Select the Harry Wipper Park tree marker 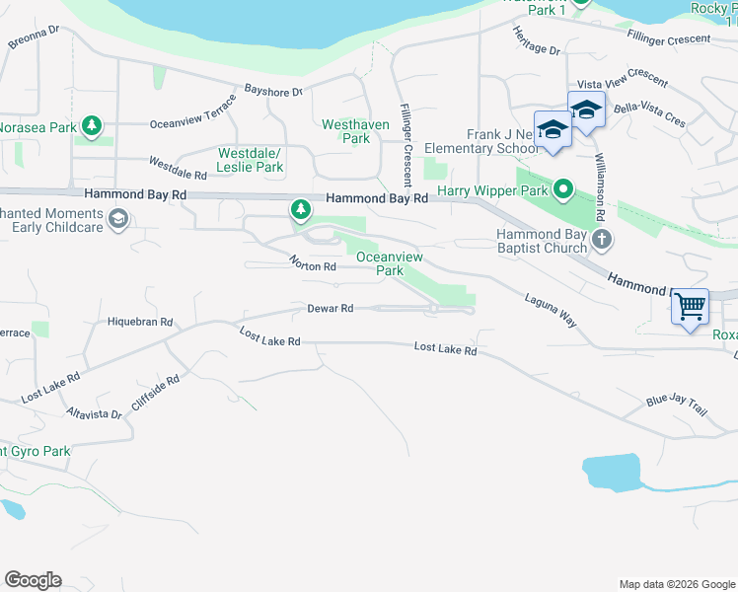click(563, 187)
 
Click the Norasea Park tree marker click(92, 126)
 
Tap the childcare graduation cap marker click(117, 219)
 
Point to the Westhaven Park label click(345, 131)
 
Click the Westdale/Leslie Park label click(251, 160)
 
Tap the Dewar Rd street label click(331, 309)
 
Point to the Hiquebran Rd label click(140, 322)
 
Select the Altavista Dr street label click(95, 413)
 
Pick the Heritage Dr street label click(536, 41)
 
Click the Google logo click(33, 580)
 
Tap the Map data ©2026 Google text click(676, 584)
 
